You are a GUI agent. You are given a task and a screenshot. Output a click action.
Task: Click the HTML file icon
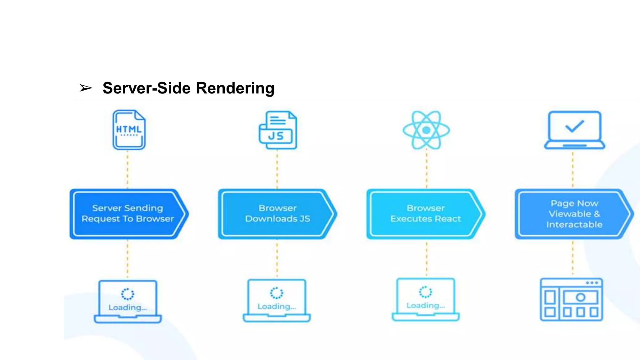tap(129, 130)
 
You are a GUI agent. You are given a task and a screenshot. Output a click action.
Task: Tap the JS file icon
tap(278, 130)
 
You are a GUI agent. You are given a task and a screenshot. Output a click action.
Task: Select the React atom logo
tap(426, 130)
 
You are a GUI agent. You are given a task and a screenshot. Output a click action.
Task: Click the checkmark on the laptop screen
tap(574, 126)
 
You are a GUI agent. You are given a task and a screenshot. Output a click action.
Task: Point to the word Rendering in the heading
tap(235, 88)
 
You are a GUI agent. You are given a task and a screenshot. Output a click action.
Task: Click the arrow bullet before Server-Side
tap(86, 88)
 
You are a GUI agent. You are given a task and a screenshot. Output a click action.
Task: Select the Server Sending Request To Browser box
tap(127, 214)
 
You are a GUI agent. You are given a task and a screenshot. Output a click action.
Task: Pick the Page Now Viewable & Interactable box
tap(574, 214)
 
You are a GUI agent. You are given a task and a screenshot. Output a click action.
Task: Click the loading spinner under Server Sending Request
tap(127, 294)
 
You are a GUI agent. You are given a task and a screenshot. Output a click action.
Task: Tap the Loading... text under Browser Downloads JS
tap(277, 307)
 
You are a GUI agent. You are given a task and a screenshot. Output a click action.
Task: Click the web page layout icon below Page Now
tap(572, 299)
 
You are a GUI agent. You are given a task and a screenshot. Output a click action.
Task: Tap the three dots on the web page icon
tap(592, 283)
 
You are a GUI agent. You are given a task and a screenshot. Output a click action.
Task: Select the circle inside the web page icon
tap(580, 297)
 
